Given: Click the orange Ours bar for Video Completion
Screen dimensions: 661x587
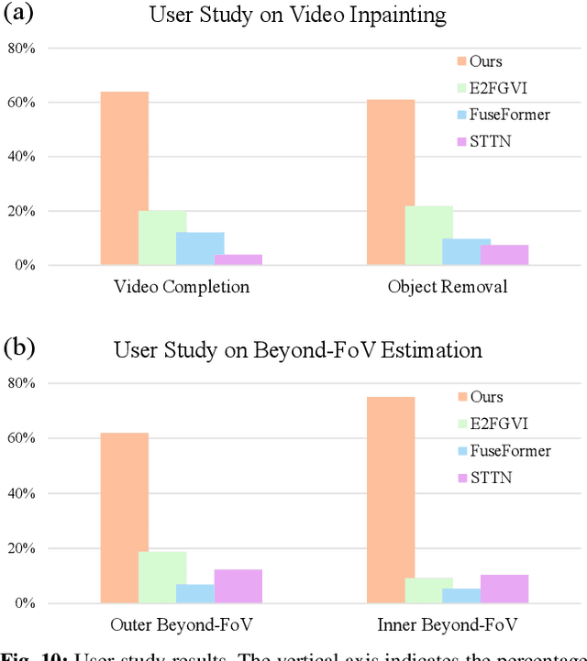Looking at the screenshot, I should pos(124,179).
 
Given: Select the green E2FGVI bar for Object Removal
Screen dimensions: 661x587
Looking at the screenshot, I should pos(428,236).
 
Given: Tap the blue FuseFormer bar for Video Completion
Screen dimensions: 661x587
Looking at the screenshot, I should pos(200,248).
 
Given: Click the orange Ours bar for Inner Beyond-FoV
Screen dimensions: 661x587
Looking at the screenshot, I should pos(390,500).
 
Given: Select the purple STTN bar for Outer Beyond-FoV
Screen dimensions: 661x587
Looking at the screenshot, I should pos(238,587).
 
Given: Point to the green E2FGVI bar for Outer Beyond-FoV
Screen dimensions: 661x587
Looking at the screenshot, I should pos(162,578).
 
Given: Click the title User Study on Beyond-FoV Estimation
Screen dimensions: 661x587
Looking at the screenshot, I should pos(298,350).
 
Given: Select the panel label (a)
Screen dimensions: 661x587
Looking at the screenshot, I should pos(20,14).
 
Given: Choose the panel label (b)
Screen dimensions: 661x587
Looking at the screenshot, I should pos(20,348).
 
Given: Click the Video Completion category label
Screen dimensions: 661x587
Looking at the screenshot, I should pos(182,287).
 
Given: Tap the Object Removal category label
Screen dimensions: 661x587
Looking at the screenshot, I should pos(448,287).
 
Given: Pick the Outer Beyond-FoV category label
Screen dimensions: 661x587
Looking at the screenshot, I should pos(182,626).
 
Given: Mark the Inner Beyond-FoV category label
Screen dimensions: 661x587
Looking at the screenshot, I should pos(448,626).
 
